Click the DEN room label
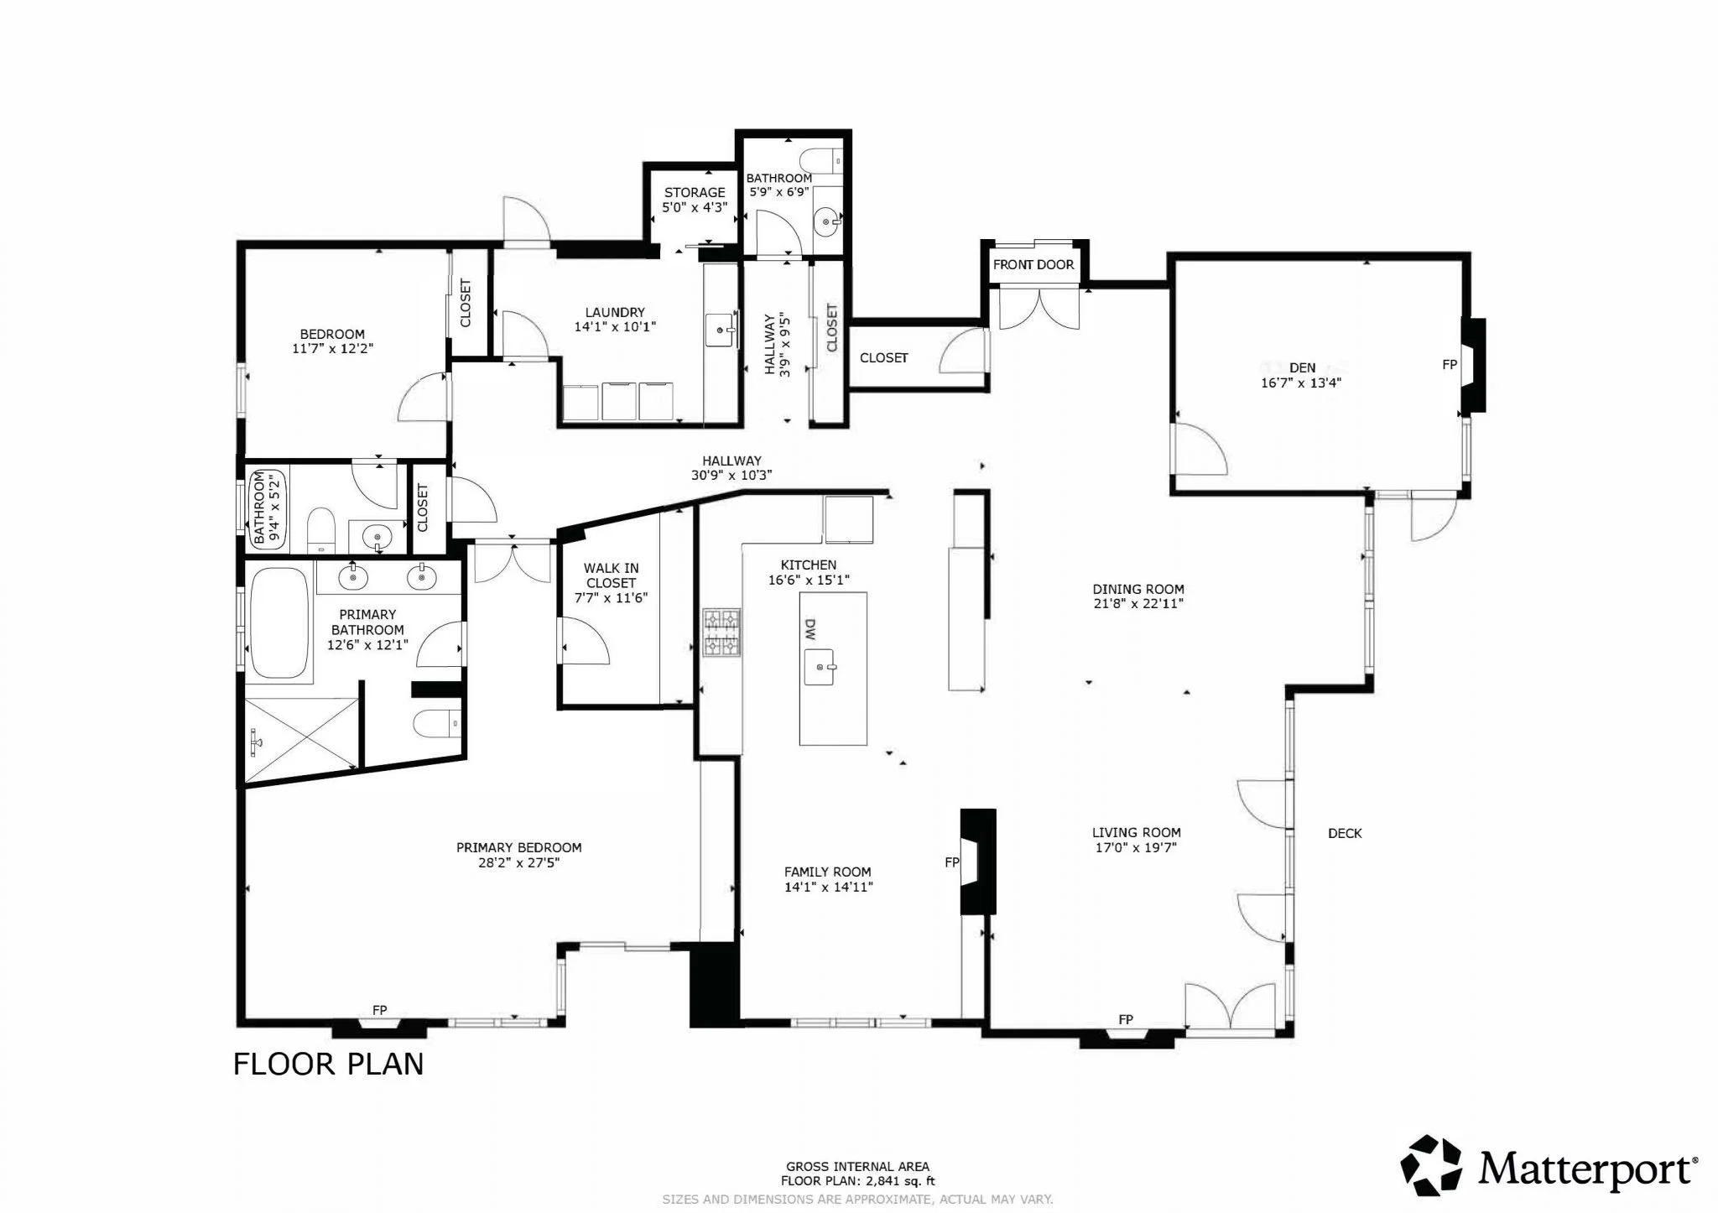1302,367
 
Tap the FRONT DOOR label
1033,265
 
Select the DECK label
1345,833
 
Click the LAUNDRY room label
615,312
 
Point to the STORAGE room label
695,193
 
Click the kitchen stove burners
721,633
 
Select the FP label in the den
1450,365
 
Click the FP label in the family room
952,862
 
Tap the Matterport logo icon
1431,1166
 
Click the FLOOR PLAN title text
328,1064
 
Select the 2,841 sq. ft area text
893,1180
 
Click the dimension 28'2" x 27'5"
518,862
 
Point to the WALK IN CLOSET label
612,575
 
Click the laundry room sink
721,331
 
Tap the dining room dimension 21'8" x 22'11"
1138,603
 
